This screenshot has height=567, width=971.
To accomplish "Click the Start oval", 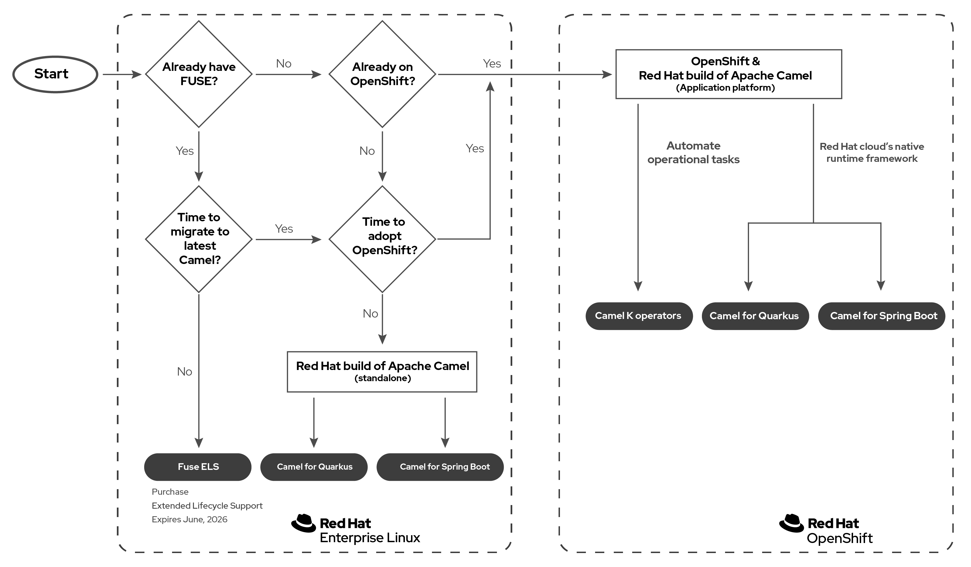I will [x=55, y=74].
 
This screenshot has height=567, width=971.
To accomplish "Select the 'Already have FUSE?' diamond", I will [x=199, y=74].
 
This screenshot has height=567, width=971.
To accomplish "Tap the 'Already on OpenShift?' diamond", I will [x=382, y=74].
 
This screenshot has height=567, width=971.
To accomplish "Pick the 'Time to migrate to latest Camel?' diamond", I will [x=199, y=239].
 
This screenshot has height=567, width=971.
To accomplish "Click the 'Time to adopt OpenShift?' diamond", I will [x=382, y=239].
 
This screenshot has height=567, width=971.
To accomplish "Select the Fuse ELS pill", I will [x=198, y=467].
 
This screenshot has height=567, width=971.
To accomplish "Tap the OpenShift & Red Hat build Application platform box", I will [x=728, y=74].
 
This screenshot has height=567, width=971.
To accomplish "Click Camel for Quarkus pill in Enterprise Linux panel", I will [x=314, y=467].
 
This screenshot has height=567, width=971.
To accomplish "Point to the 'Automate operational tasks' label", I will [x=693, y=153].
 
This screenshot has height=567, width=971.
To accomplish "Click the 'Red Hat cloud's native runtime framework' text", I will [x=872, y=153].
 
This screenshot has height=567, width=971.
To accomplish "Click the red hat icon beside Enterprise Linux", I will [x=304, y=523].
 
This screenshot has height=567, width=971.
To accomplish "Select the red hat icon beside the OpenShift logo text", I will [x=791, y=523].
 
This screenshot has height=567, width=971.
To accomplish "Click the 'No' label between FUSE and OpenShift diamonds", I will [x=284, y=64].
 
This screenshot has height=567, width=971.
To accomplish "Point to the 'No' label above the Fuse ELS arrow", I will [x=185, y=372].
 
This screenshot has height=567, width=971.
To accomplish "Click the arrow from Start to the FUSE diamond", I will [x=121, y=75].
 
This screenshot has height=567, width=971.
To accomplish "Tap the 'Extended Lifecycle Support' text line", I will [x=207, y=506].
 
